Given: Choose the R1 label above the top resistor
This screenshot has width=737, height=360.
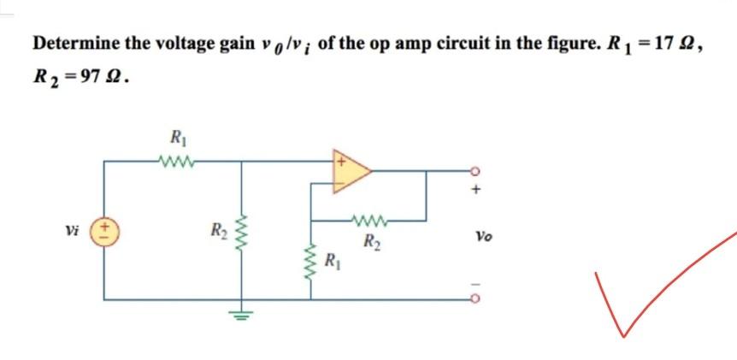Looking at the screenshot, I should [178, 137].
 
